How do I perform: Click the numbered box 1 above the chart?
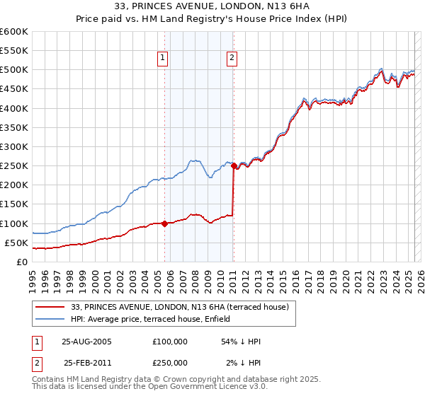coord(163,59)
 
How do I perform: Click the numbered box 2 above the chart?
coord(232,59)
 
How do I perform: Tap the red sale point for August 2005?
coord(164,223)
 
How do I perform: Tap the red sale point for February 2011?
coord(234,166)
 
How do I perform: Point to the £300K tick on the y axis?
coord(13,146)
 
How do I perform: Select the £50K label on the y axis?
coord(16,243)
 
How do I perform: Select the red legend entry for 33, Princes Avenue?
coord(180,307)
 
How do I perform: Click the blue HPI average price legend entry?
coord(171,320)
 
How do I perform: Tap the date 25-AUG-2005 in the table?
coord(86,342)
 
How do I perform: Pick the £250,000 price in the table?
coord(169,363)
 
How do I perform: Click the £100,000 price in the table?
coord(169,342)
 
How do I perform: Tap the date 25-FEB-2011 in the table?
coord(86,363)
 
